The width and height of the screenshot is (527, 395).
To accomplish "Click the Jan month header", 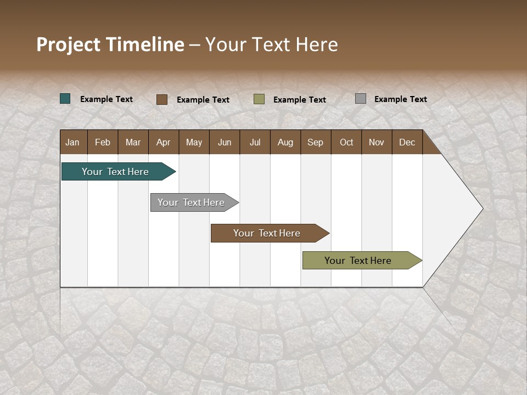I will coord(73,142).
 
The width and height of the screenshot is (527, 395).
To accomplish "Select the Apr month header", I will coord(164,142).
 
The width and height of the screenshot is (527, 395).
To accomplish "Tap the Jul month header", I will coord(255,142).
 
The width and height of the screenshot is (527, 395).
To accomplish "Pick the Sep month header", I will coord(316,142).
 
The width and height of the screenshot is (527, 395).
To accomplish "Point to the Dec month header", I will coord(407,142).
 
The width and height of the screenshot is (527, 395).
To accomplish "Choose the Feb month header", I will coord(103,142).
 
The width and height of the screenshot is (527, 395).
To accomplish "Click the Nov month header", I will coord(377,142).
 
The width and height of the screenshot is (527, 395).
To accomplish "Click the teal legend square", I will coord(65,99).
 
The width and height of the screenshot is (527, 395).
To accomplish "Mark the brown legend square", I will coord(162,99).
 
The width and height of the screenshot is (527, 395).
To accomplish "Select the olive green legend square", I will coord(259,99).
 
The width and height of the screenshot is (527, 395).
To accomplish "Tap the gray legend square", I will coord(361,99).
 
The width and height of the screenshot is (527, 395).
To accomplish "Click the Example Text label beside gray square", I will coord(400,99).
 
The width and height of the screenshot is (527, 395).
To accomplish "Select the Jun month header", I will coord(225,142).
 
